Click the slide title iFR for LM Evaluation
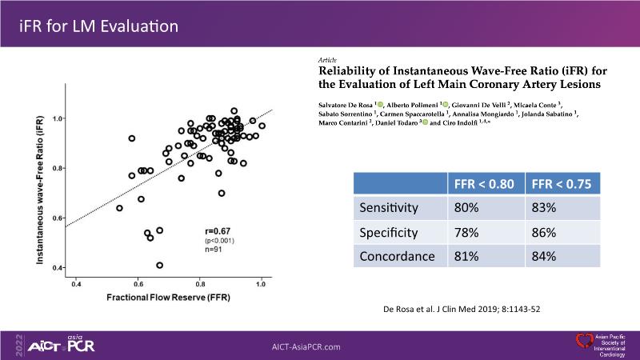98,26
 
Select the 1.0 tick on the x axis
260,284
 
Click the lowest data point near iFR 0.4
160,265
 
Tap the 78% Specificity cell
467,233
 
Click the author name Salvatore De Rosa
342,106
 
